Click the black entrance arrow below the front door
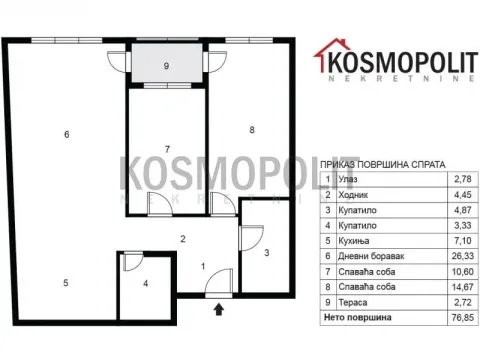pos(219,309)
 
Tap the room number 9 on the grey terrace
pos(166,66)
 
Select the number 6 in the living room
pos(67,134)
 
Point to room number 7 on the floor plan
pos(167,149)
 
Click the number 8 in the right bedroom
pos(252,129)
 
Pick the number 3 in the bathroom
pos(267,253)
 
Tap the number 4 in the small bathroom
pos(146,284)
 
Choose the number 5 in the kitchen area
pos(66,283)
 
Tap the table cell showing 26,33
pos(463,256)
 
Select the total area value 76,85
pos(463,317)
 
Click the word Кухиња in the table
pos(354,241)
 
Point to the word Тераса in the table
pos(353,302)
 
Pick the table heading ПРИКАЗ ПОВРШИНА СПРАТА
pos(383,165)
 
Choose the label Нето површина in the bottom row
pos(357,317)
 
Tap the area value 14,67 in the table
pos(463,287)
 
